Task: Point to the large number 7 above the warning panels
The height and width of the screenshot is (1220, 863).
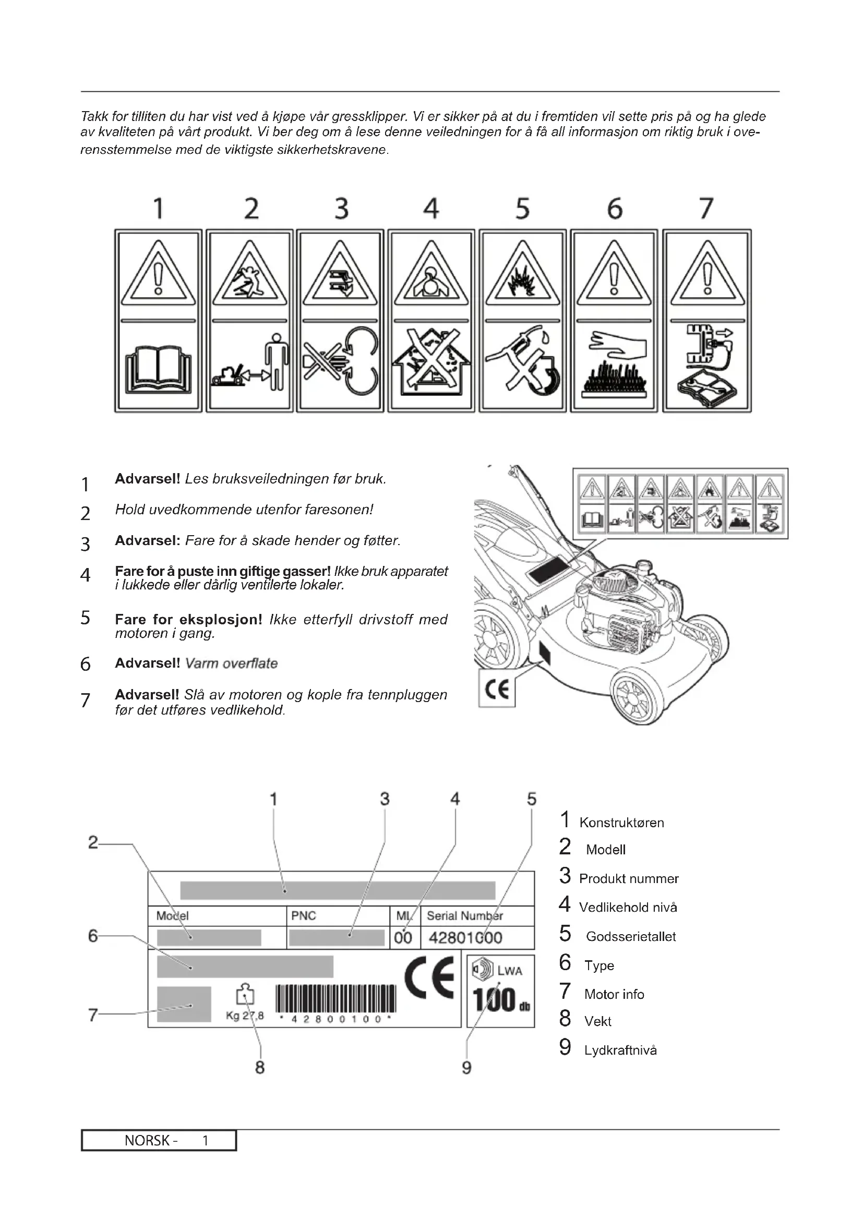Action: (x=706, y=208)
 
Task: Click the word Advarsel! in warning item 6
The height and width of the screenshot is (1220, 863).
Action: (x=147, y=663)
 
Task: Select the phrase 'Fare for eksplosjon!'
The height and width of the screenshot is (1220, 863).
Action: (x=189, y=619)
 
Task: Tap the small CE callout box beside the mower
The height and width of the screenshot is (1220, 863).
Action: (x=497, y=688)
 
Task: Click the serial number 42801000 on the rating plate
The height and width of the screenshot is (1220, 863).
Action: (x=465, y=937)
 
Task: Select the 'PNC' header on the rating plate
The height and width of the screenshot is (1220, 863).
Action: (x=304, y=915)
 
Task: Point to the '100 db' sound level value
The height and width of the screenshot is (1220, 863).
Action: (x=500, y=1000)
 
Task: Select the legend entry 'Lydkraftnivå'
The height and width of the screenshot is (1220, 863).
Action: (x=620, y=1050)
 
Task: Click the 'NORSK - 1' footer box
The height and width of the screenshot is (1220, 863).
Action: (x=159, y=1140)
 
